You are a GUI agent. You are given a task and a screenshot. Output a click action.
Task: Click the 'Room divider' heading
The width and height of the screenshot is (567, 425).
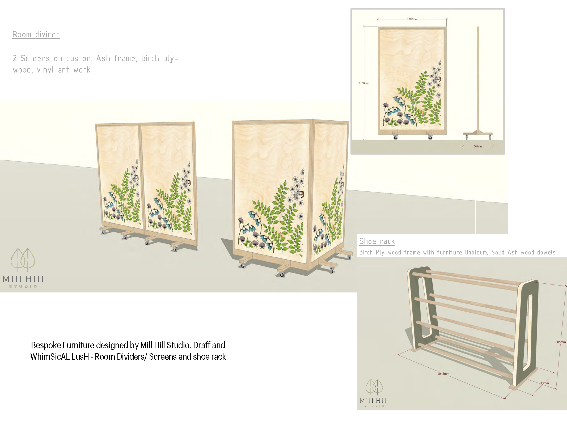pyautogui.click(x=36, y=35)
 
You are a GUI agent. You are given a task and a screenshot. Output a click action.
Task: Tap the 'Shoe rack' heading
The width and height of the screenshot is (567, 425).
pyautogui.click(x=377, y=241)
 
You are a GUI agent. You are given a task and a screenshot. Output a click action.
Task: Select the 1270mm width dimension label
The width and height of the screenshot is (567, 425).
pyautogui.click(x=412, y=19)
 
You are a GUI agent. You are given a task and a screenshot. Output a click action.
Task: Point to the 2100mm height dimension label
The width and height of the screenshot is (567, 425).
pyautogui.click(x=364, y=83)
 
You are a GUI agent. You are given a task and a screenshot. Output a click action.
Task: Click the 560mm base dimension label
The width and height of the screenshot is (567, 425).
pyautogui.click(x=478, y=146)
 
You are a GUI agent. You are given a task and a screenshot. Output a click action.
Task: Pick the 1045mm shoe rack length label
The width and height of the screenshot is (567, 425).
pyautogui.click(x=443, y=374)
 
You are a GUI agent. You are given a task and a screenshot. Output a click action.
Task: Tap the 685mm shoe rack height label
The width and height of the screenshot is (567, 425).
pyautogui.click(x=560, y=342)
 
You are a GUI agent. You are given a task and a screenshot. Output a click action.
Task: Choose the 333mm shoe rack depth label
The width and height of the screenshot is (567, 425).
pyautogui.click(x=544, y=383)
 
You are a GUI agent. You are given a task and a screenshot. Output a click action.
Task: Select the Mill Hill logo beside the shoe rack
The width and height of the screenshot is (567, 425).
pyautogui.click(x=374, y=393)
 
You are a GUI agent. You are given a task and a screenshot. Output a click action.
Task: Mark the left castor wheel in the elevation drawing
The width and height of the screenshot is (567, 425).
pyautogui.click(x=396, y=137)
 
